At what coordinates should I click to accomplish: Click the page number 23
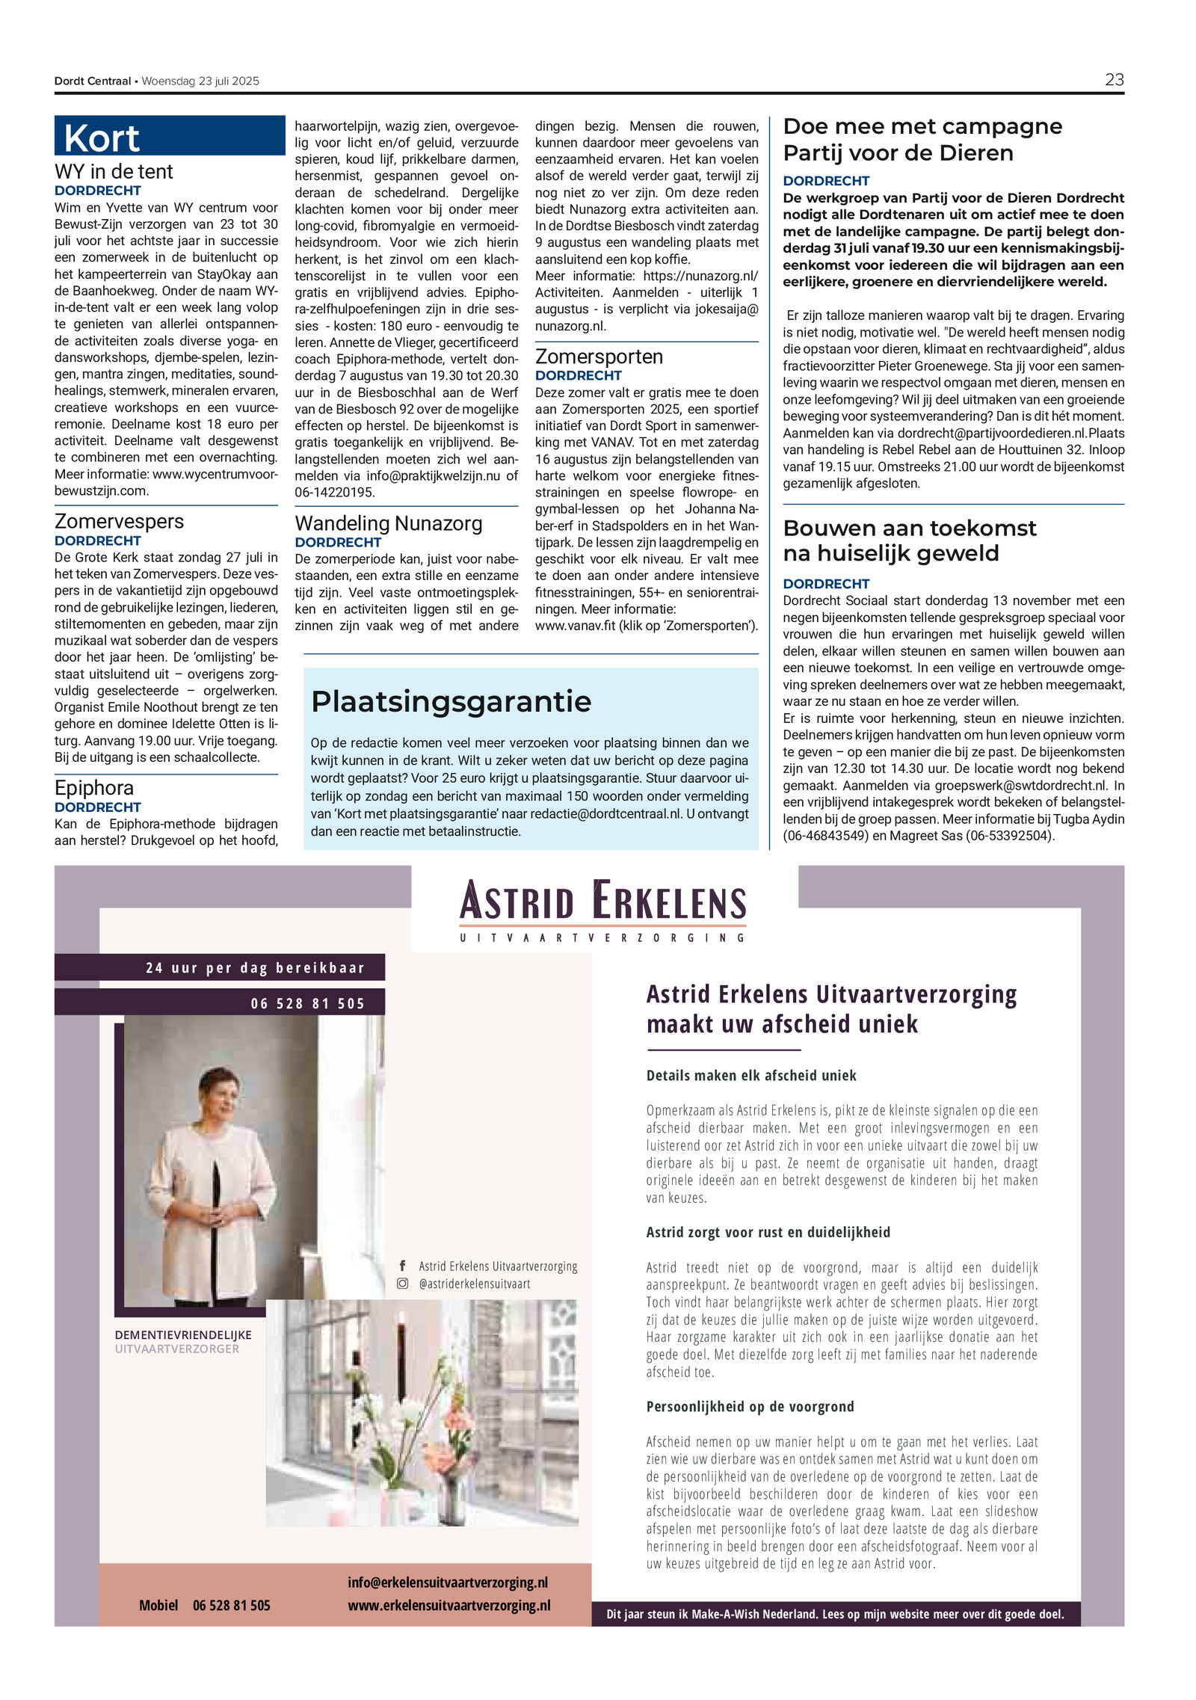[x=1114, y=80]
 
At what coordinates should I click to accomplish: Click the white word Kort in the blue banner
[x=102, y=139]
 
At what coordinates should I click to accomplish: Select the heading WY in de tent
[x=114, y=172]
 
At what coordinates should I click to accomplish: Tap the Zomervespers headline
[x=119, y=521]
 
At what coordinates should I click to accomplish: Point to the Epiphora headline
[x=94, y=787]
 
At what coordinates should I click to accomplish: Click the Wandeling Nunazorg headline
[x=389, y=523]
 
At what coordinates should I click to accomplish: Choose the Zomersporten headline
[x=599, y=357]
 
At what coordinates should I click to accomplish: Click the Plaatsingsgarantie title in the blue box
[x=451, y=701]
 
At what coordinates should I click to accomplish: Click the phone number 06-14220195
[x=335, y=493]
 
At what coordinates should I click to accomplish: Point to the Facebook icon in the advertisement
[x=402, y=1266]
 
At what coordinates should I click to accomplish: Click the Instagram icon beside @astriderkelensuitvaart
[x=402, y=1284]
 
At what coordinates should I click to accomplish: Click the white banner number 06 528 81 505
[x=307, y=1003]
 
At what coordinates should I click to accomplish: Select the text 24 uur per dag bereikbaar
[x=255, y=968]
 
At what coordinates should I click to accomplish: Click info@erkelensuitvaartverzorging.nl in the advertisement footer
[x=448, y=1583]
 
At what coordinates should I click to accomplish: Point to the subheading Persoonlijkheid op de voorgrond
[x=750, y=1406]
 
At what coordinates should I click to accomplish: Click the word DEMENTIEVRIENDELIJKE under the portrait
[x=183, y=1335]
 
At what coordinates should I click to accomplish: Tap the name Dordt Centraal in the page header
[x=92, y=81]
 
